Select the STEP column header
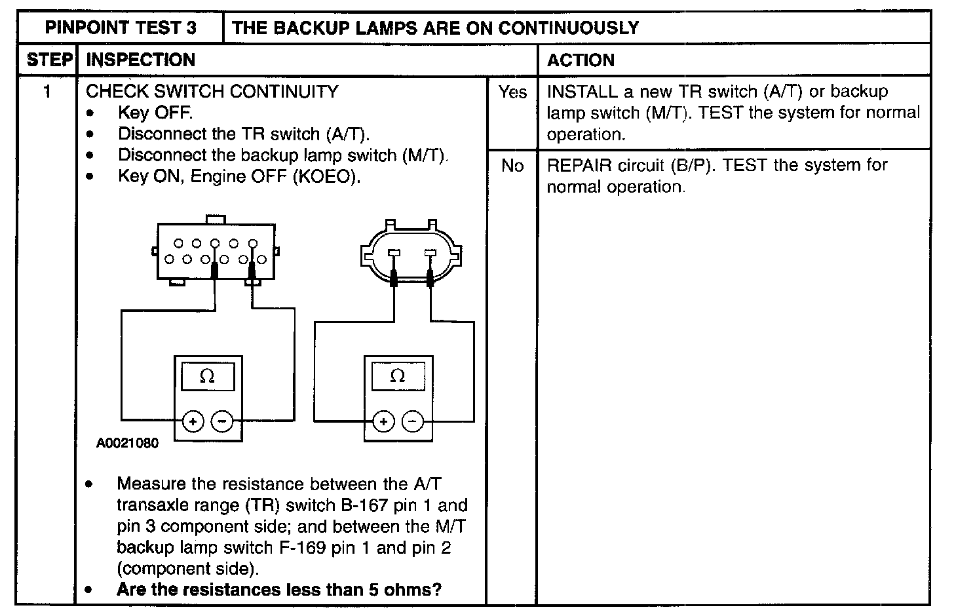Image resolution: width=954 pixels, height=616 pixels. click(49, 60)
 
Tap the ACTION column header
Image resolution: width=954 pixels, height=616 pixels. click(581, 60)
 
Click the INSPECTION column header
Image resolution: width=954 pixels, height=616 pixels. click(141, 60)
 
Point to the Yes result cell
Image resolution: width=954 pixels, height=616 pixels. click(512, 92)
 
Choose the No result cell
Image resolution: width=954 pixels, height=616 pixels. click(512, 166)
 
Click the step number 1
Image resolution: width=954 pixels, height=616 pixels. click(47, 92)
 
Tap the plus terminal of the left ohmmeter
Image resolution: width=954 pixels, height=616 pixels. click(193, 421)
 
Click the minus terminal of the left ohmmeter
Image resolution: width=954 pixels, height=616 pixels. click(223, 421)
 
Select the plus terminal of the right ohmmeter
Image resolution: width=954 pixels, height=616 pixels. click(383, 421)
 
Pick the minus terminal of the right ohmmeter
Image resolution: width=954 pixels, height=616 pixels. click(413, 421)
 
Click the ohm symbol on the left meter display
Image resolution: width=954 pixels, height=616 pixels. click(207, 376)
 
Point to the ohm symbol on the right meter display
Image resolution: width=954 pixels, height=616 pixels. click(398, 376)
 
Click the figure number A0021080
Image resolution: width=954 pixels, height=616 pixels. click(127, 444)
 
